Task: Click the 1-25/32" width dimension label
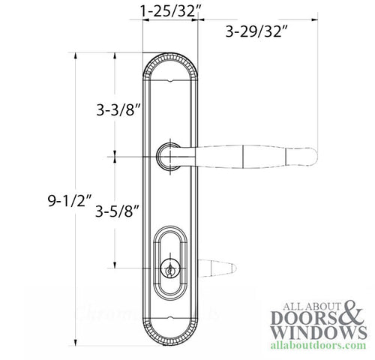point(169,11)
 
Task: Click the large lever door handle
point(247,157)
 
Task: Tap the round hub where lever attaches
point(169,157)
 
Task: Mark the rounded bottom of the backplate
point(169,337)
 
